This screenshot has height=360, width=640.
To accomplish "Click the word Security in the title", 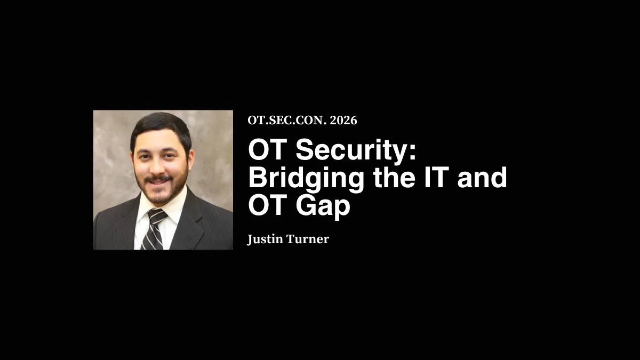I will [351, 151].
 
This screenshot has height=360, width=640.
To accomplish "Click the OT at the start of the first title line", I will [265, 151].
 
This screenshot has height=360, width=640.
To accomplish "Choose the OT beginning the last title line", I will [265, 206].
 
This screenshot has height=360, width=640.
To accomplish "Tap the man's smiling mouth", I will [159, 181].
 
